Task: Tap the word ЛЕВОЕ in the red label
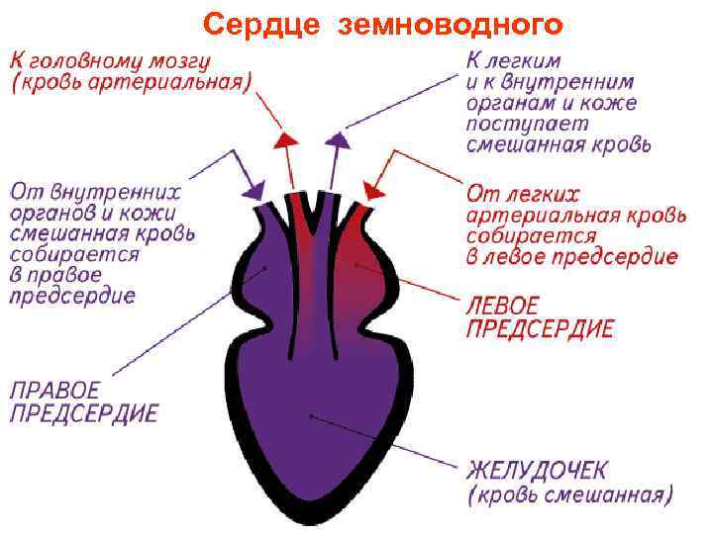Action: pos(502,303)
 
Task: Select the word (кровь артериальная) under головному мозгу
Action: pos(130,81)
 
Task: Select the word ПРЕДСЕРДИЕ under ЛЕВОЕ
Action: pos(539,327)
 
